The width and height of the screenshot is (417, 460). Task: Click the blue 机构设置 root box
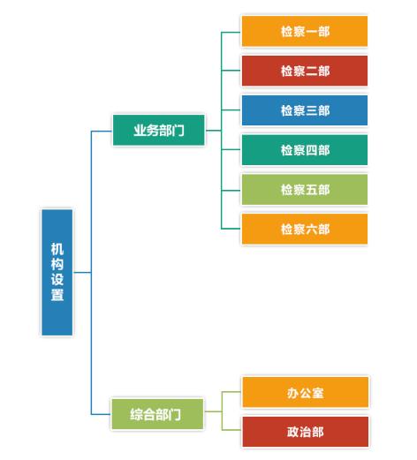click(x=57, y=272)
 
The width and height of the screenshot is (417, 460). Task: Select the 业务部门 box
click(x=158, y=130)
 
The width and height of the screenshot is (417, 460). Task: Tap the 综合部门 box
click(x=157, y=414)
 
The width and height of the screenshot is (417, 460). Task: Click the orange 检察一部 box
click(x=305, y=31)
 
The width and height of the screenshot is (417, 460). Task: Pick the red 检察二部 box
click(x=305, y=71)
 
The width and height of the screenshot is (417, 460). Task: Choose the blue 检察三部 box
click(x=305, y=110)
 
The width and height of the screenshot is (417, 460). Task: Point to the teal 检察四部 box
click(x=305, y=150)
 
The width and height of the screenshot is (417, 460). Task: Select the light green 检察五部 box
click(x=305, y=189)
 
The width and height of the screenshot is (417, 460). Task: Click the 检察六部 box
click(x=305, y=229)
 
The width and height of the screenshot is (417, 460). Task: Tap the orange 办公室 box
click(x=305, y=392)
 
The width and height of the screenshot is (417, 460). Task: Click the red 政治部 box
click(x=305, y=432)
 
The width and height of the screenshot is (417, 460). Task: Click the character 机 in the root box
click(x=57, y=249)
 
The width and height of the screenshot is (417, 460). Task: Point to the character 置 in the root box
click(x=57, y=295)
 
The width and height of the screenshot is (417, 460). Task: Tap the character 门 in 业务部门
click(x=178, y=131)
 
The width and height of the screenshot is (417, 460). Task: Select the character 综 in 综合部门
click(x=136, y=414)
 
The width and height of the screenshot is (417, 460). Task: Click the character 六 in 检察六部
click(x=311, y=230)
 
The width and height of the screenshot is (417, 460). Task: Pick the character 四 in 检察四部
click(x=311, y=150)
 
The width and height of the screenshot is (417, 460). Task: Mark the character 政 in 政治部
click(x=292, y=432)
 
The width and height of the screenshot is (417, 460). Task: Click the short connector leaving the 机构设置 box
click(x=82, y=273)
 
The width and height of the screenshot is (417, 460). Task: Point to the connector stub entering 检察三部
click(x=231, y=110)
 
